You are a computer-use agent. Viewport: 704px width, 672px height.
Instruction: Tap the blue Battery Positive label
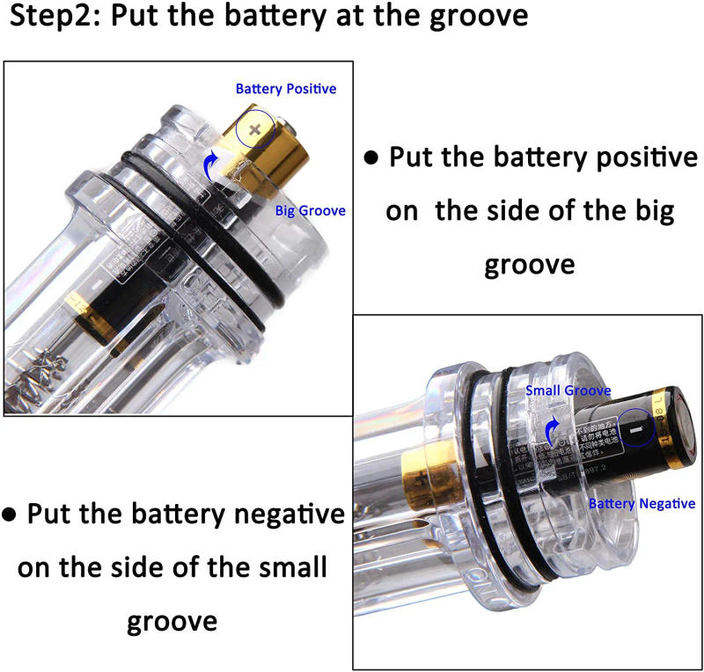point(285,89)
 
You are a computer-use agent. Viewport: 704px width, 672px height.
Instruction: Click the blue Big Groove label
point(310,211)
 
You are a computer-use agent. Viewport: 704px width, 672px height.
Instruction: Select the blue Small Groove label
point(568,391)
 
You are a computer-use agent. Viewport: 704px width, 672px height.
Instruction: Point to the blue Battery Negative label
point(642,504)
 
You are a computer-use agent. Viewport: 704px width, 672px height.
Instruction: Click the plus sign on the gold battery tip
point(255,129)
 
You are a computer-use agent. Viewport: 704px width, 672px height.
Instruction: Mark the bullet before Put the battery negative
point(10,515)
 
